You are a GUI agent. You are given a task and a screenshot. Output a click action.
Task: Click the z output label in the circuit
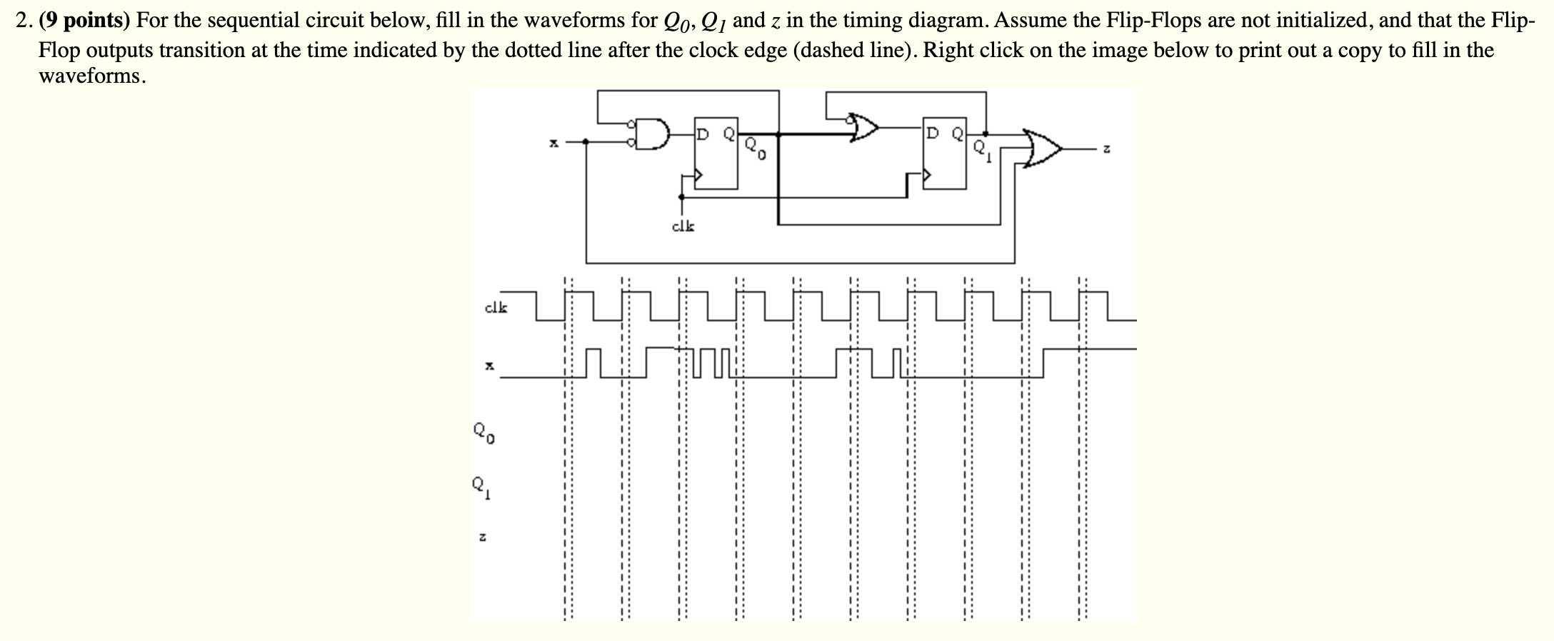1106,150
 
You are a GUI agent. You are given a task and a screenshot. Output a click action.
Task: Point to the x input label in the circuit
552,143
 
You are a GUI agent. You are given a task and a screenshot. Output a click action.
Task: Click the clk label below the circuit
683,227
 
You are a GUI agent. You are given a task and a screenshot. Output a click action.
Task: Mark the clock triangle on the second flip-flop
928,174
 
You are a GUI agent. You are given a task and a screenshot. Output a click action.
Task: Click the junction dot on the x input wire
586,142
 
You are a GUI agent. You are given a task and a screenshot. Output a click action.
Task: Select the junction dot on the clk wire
682,196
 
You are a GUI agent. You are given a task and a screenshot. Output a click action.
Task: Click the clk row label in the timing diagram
496,308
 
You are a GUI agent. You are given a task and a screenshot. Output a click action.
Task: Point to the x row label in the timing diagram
489,366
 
